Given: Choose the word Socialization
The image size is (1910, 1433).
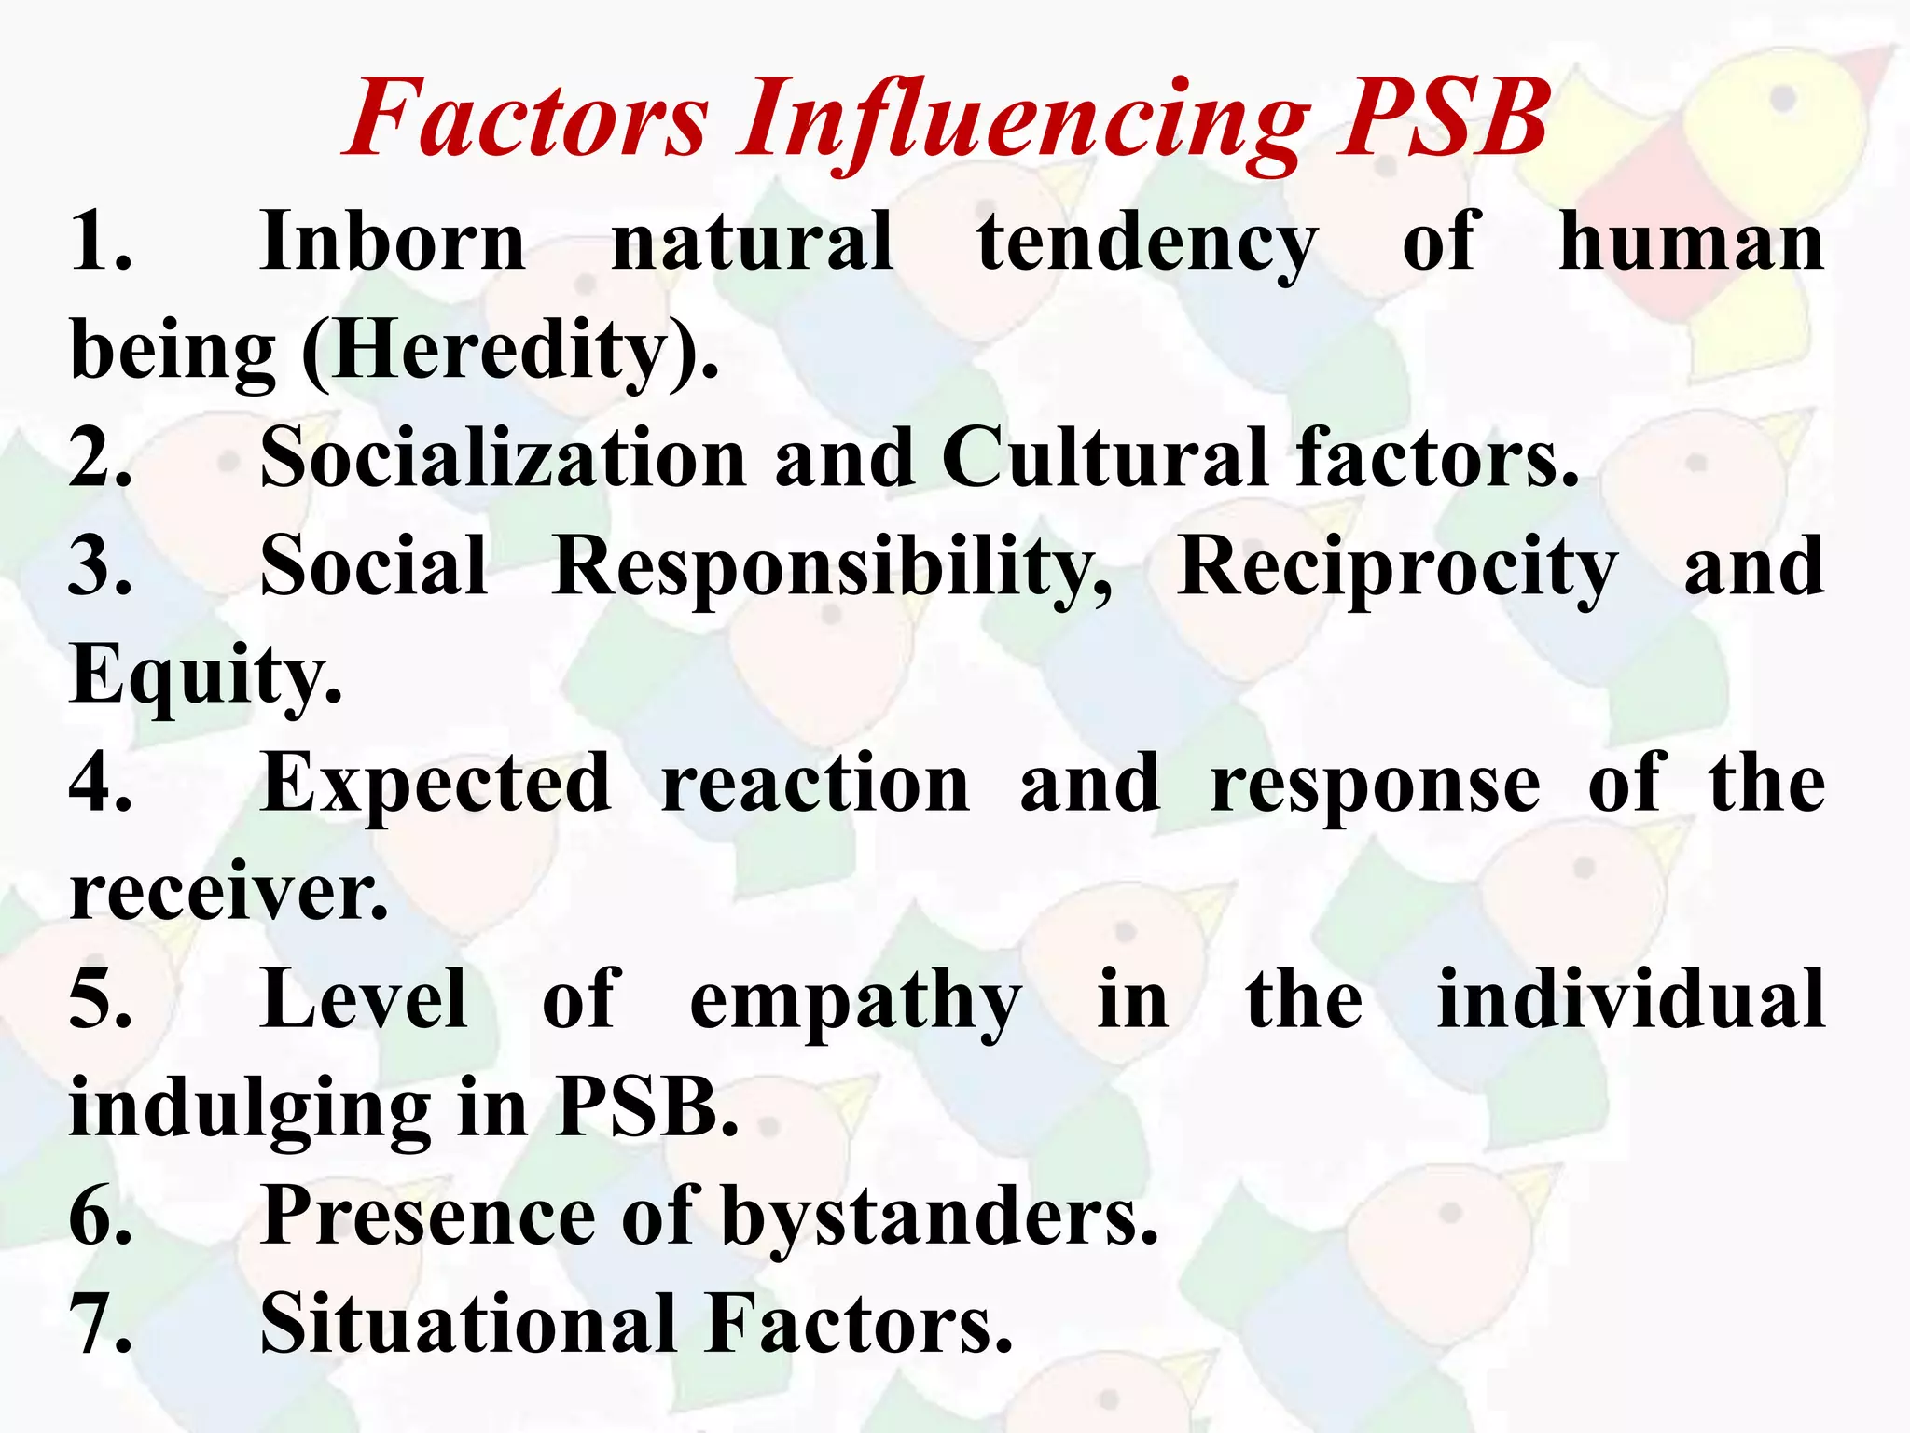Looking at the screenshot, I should pos(503,458).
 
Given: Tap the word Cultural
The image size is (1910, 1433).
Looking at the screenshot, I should pos(1104,458).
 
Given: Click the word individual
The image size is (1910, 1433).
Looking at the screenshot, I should pos(1631,1000).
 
